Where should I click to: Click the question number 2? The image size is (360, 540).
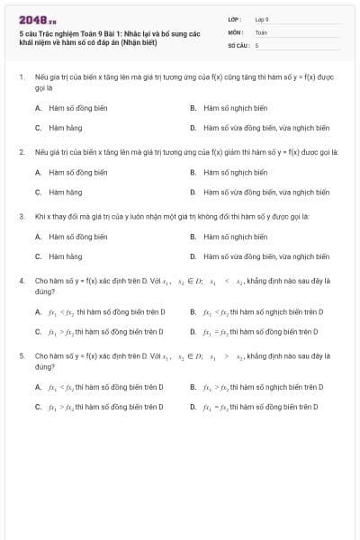(x=22, y=151)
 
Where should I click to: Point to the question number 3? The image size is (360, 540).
(x=22, y=216)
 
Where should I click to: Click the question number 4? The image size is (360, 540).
(x=22, y=281)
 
